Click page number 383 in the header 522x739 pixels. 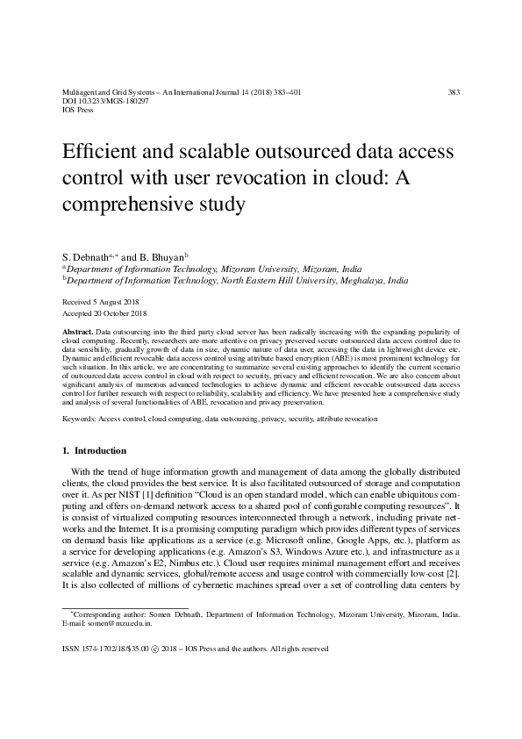click(454, 92)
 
